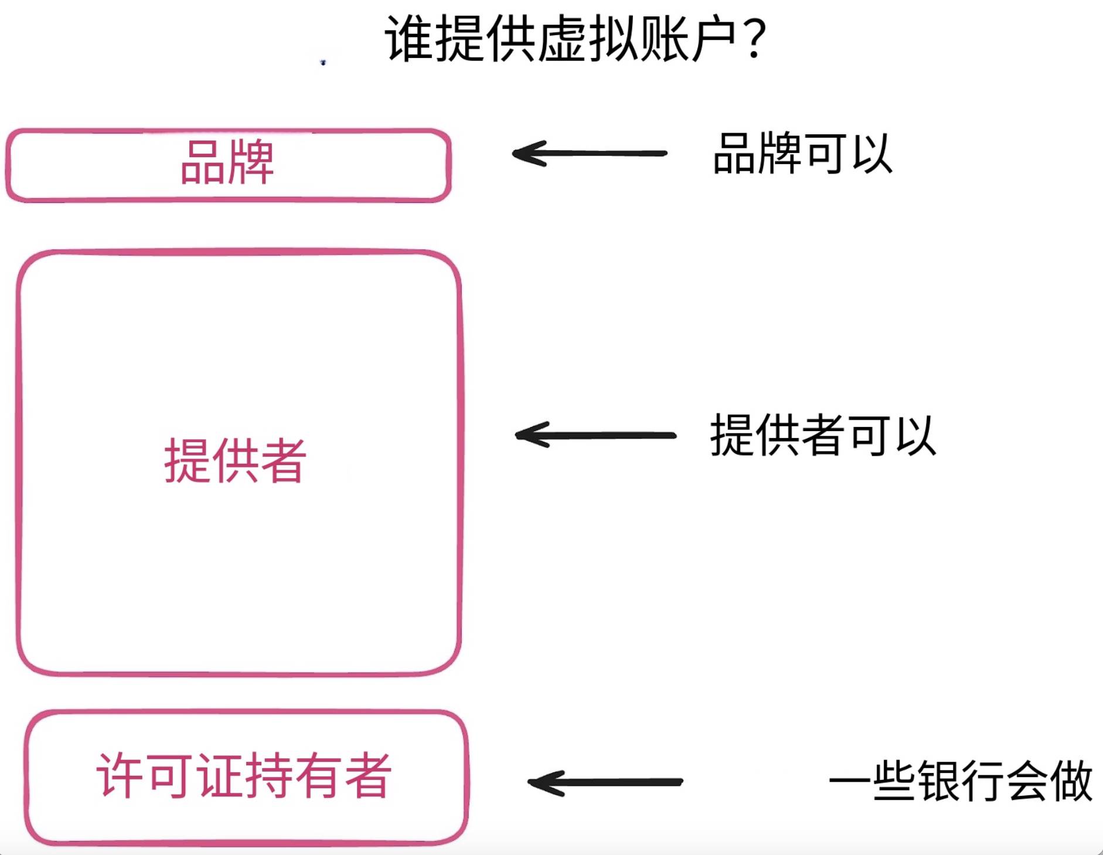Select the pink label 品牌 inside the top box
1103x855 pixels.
tap(227, 162)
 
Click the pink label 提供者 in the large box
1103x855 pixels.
tap(235, 461)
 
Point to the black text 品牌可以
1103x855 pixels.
tap(802, 154)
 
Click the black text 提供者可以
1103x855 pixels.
tap(823, 435)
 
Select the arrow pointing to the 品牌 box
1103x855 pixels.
tap(590, 154)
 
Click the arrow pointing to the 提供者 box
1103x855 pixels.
tap(595, 435)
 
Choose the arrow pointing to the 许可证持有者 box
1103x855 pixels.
tap(605, 782)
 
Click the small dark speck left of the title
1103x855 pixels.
tap(323, 62)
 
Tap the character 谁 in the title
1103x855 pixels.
tap(409, 39)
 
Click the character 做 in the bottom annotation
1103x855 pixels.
tap(1071, 781)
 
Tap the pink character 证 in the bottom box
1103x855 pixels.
tap(220, 775)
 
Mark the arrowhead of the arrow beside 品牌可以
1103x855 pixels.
tap(525, 154)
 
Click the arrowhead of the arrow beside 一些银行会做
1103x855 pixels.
tap(540, 782)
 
